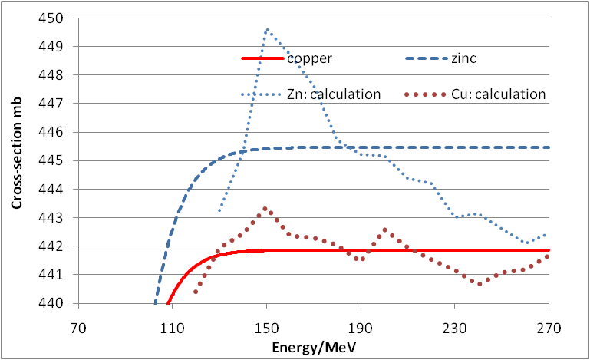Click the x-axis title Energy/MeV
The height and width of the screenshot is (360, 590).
click(314, 346)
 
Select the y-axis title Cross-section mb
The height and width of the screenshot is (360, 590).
click(16, 160)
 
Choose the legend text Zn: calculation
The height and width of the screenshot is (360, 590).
click(335, 94)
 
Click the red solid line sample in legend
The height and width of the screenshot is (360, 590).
click(262, 58)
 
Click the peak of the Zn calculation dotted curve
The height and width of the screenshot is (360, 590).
click(266, 29)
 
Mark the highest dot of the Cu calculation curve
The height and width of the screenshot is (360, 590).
click(265, 209)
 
